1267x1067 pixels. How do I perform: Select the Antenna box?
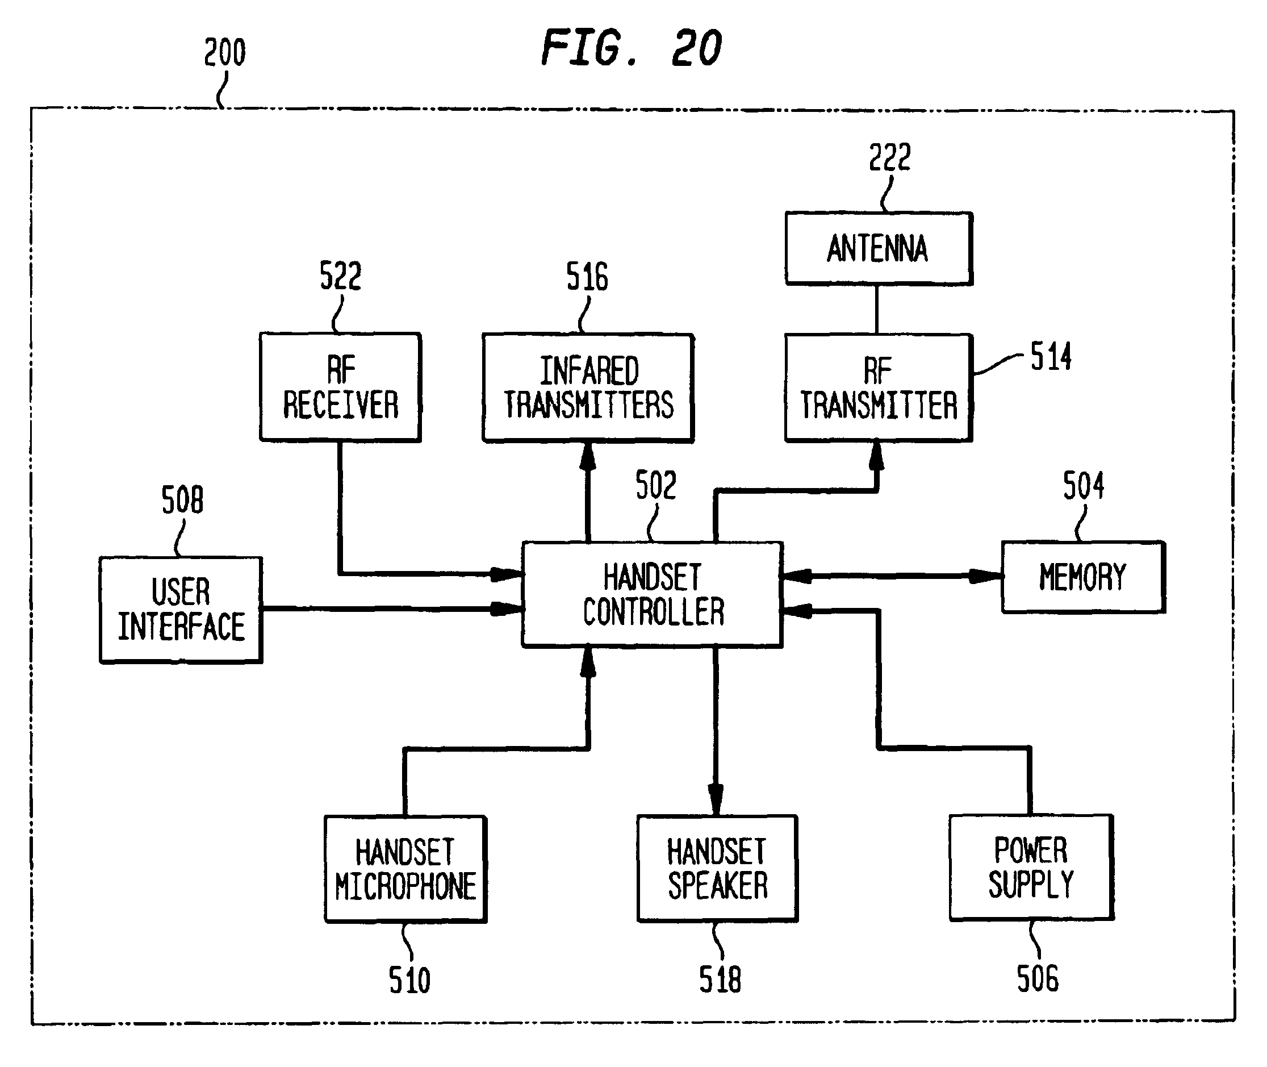pos(879,248)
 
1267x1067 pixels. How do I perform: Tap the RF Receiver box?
pos(340,387)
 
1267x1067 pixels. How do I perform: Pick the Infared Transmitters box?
pos(588,387)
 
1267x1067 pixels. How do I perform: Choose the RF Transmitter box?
pos(879,387)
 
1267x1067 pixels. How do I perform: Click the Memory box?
pos(1084,577)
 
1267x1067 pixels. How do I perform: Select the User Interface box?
pos(181,610)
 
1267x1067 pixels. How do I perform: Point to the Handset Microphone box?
pos(405,869)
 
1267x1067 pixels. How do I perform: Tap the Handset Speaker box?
pos(717,869)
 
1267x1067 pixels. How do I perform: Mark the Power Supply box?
pos(1031,868)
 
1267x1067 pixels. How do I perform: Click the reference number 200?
pos(225,52)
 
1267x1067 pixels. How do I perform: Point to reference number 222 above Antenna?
pos(890,157)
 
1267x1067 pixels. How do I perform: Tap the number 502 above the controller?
pos(656,485)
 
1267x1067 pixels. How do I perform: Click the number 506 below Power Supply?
pos(1038,979)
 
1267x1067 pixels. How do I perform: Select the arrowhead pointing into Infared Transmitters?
pos(588,457)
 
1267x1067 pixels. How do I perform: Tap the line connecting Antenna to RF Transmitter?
pos(877,309)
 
